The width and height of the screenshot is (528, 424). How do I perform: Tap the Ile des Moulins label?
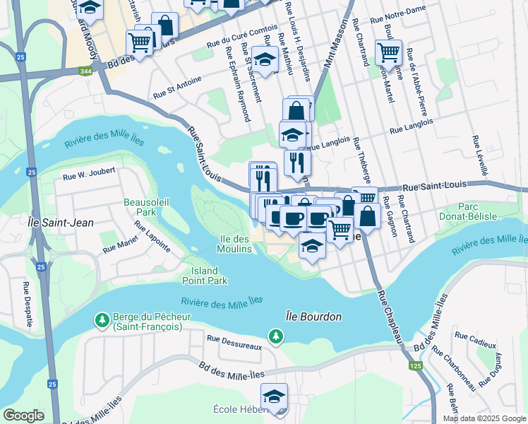234,244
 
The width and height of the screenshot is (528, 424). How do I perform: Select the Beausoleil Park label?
139,206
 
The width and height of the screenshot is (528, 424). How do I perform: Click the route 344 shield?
85,71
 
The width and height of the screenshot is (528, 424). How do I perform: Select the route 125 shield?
414,365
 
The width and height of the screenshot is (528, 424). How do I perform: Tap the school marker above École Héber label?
274,396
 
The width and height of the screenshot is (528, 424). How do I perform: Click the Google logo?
23,416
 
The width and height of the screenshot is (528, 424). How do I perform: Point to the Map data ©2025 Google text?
484,418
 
